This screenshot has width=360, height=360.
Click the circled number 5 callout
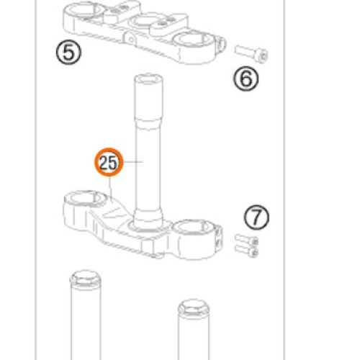point(68,53)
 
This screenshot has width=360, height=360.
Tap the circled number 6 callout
point(246,78)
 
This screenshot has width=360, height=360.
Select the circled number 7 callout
point(256,217)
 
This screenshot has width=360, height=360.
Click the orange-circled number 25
point(109,162)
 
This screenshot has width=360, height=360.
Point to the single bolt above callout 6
point(251,54)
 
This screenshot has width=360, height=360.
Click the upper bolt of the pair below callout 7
point(246,240)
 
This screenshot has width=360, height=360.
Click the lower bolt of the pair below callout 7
point(246,251)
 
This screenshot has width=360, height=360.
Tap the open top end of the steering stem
point(149,79)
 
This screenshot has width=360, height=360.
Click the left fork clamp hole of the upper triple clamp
point(84,10)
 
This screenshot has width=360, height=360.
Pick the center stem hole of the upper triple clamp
point(144,20)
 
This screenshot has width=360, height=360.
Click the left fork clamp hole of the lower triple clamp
point(85,199)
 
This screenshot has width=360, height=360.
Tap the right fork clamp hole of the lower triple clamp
point(194,227)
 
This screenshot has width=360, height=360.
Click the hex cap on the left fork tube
point(86,279)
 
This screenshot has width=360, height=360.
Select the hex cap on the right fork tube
point(194,307)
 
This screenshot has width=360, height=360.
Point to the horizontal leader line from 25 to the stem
point(133,162)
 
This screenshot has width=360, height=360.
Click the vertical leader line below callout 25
point(111,188)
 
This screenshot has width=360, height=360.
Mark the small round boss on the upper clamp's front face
point(130,38)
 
